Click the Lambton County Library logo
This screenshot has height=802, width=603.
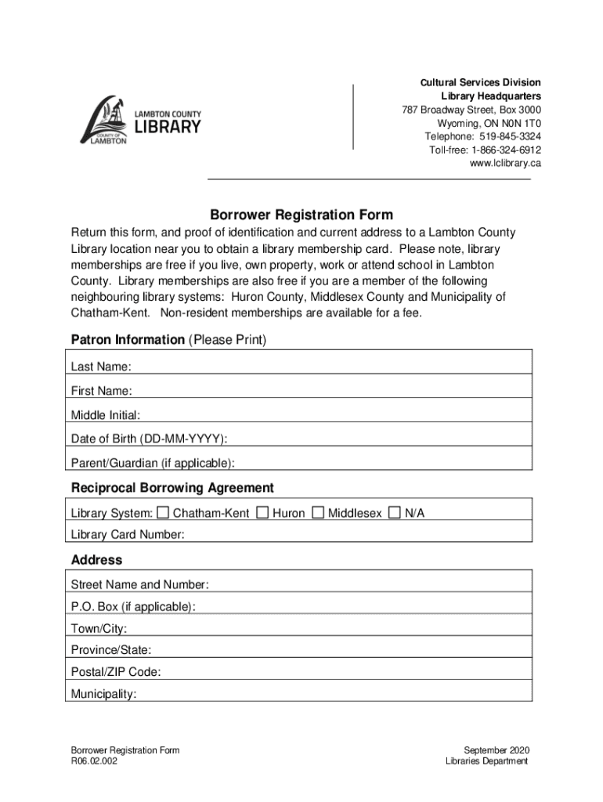pyautogui.click(x=140, y=121)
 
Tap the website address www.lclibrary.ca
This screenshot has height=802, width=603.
pyautogui.click(x=505, y=164)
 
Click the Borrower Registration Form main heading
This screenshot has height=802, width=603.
pyautogui.click(x=301, y=215)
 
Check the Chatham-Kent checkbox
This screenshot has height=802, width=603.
pyautogui.click(x=163, y=513)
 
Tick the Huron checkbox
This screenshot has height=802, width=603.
pyautogui.click(x=263, y=513)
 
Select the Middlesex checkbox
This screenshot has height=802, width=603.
pyautogui.click(x=318, y=513)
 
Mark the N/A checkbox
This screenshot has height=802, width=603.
pyautogui.click(x=395, y=513)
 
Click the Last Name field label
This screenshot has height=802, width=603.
pyautogui.click(x=101, y=367)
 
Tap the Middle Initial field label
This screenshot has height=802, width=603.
pyautogui.click(x=106, y=415)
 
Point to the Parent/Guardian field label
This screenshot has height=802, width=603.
pyautogui.click(x=153, y=463)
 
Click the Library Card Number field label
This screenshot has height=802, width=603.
pyautogui.click(x=128, y=535)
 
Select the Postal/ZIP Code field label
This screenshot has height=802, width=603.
pyautogui.click(x=116, y=672)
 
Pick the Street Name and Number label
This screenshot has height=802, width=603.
pyautogui.click(x=139, y=585)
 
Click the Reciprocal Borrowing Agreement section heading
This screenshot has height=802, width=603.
pyautogui.click(x=172, y=488)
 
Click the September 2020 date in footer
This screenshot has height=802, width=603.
pyautogui.click(x=496, y=750)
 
